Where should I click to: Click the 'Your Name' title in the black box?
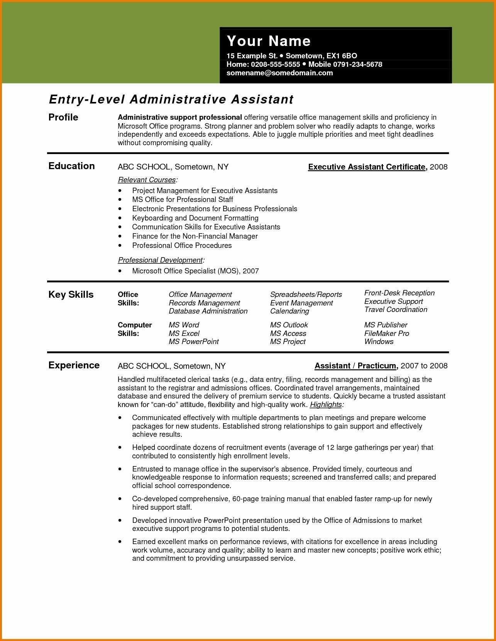[x=269, y=41]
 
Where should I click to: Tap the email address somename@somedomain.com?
[x=279, y=73]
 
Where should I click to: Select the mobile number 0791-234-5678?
[x=357, y=64]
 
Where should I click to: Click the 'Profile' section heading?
[x=63, y=117]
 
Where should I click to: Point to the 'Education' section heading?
[x=71, y=166]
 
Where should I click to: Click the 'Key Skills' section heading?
[x=71, y=295]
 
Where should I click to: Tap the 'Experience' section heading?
[x=74, y=365]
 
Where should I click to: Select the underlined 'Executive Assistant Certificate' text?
[x=367, y=167]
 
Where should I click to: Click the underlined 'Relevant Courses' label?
[x=147, y=180]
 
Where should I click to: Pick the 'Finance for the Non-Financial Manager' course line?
[x=195, y=236]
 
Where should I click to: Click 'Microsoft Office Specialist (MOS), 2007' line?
[x=195, y=271]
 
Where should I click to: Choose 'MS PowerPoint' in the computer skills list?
[x=193, y=342]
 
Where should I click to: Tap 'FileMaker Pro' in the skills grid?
[x=386, y=333]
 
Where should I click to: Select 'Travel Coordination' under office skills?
[x=396, y=310]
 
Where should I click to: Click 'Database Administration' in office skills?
[x=208, y=311]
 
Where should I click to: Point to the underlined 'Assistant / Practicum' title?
[x=355, y=366]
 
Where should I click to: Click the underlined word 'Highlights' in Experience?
[x=326, y=405]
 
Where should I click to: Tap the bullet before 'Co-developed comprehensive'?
[x=120, y=499]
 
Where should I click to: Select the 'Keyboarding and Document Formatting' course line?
[x=195, y=218]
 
